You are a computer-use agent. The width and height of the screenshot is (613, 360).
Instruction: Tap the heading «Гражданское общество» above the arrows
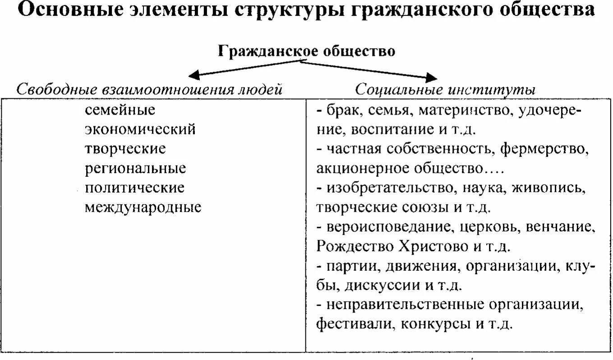pyautogui.click(x=307, y=51)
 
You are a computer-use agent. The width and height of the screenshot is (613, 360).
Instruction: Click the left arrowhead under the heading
pyautogui.click(x=194, y=74)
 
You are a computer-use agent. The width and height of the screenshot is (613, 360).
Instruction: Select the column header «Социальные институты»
pyautogui.click(x=445, y=89)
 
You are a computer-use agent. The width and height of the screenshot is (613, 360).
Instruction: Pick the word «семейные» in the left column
pyautogui.click(x=120, y=110)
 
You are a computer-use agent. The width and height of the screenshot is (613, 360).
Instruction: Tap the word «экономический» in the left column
pyautogui.click(x=140, y=129)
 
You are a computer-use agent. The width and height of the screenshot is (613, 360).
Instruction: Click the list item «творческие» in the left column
pyautogui.click(x=125, y=149)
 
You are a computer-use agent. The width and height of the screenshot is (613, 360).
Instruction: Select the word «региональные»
pyautogui.click(x=135, y=169)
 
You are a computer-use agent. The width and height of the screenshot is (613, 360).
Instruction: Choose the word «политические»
pyautogui.click(x=134, y=188)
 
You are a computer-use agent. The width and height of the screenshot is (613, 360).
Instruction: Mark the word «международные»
pyautogui.click(x=143, y=208)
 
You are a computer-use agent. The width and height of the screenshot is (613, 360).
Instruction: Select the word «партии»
pyautogui.click(x=353, y=266)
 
